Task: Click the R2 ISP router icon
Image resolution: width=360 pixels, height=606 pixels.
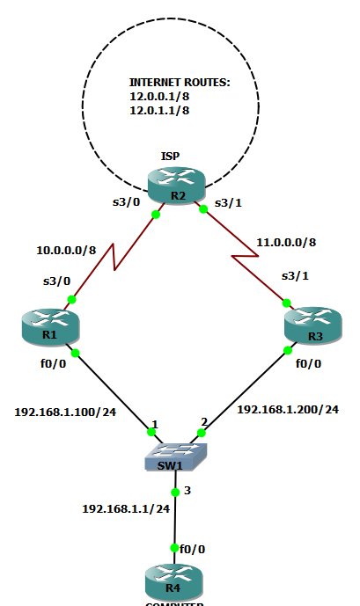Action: (x=175, y=183)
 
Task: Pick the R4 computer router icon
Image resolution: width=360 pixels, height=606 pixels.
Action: (x=173, y=582)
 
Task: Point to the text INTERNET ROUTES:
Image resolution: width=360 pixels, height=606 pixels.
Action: (x=180, y=82)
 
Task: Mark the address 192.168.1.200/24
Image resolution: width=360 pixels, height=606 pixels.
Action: (x=288, y=410)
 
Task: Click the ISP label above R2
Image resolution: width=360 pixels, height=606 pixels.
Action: (x=171, y=156)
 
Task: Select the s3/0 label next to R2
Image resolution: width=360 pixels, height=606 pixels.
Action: (x=125, y=203)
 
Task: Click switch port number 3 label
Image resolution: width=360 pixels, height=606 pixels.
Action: (x=187, y=488)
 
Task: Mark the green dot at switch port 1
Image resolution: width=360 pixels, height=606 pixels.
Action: (x=149, y=432)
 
